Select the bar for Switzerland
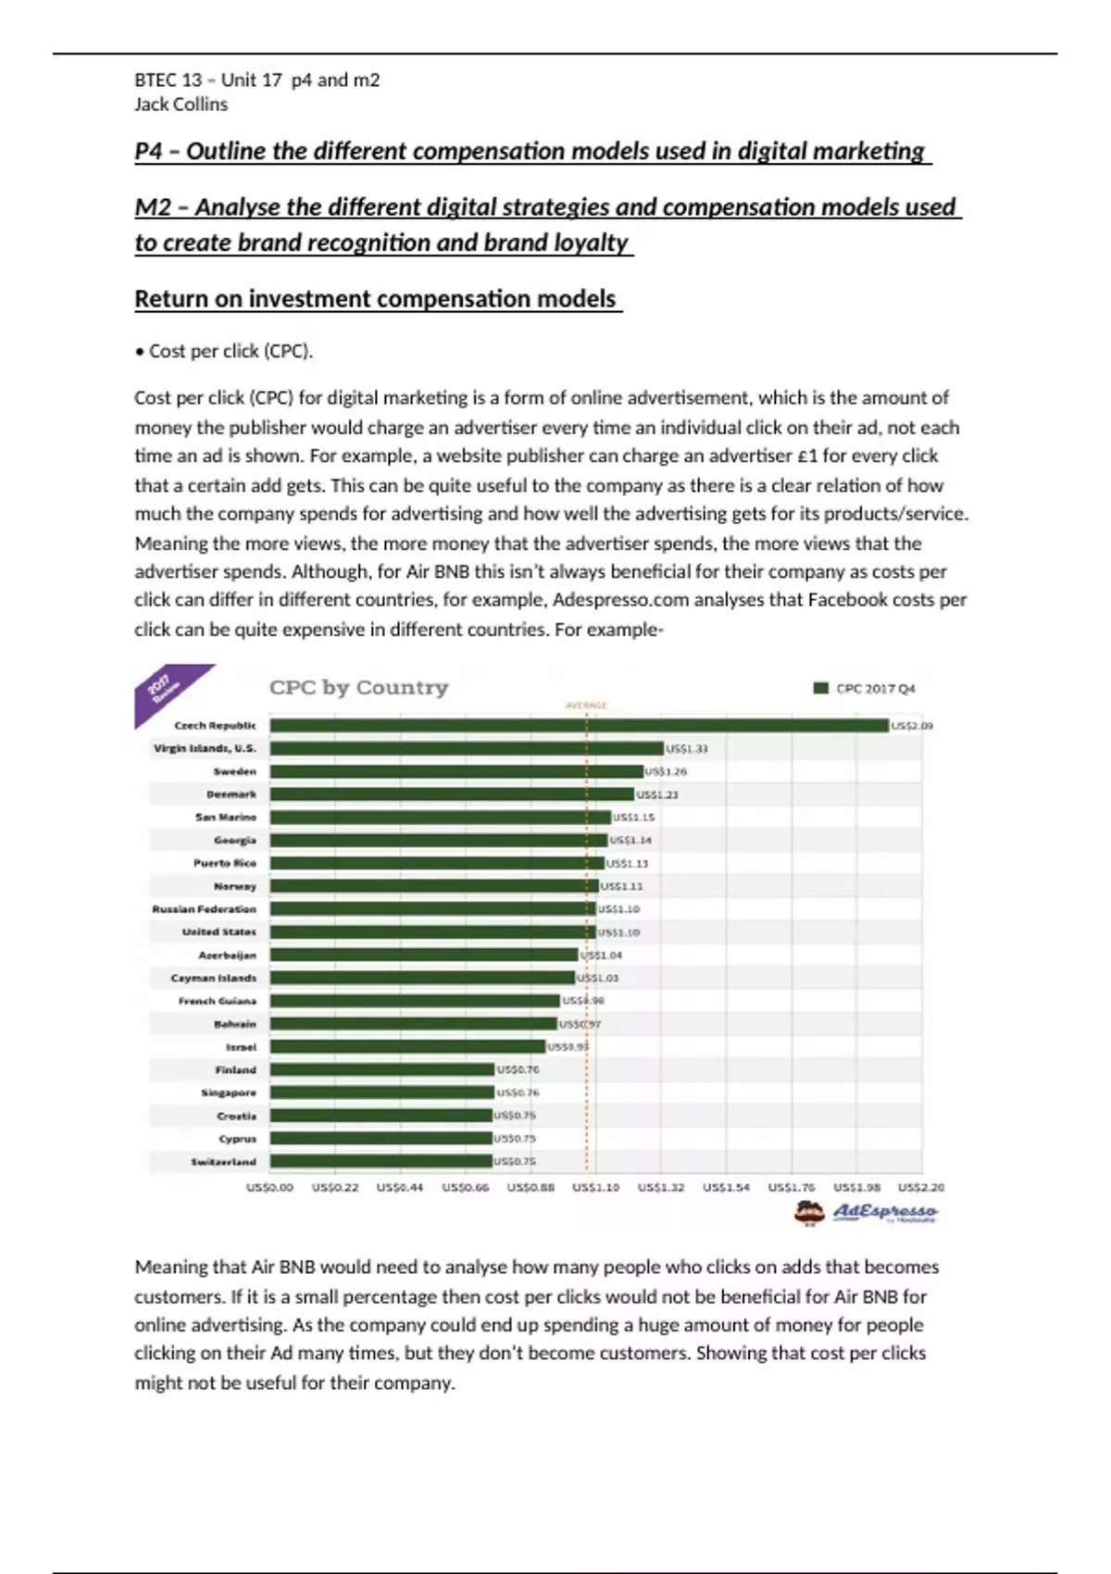[x=381, y=1161]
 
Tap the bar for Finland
[x=381, y=1069]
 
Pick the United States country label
[x=218, y=931]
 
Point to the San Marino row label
[x=225, y=817]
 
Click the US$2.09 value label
[x=912, y=726]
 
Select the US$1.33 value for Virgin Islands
[x=686, y=748]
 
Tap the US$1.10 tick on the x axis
[x=595, y=1187]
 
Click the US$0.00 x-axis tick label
[x=269, y=1187]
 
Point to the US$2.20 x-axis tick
[x=921, y=1187]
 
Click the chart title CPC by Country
[x=358, y=687]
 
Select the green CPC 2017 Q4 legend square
[x=820, y=688]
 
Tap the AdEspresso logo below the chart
[x=866, y=1212]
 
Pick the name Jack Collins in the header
[x=181, y=105]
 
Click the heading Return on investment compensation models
[x=376, y=299]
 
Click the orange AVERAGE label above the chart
[x=586, y=706]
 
